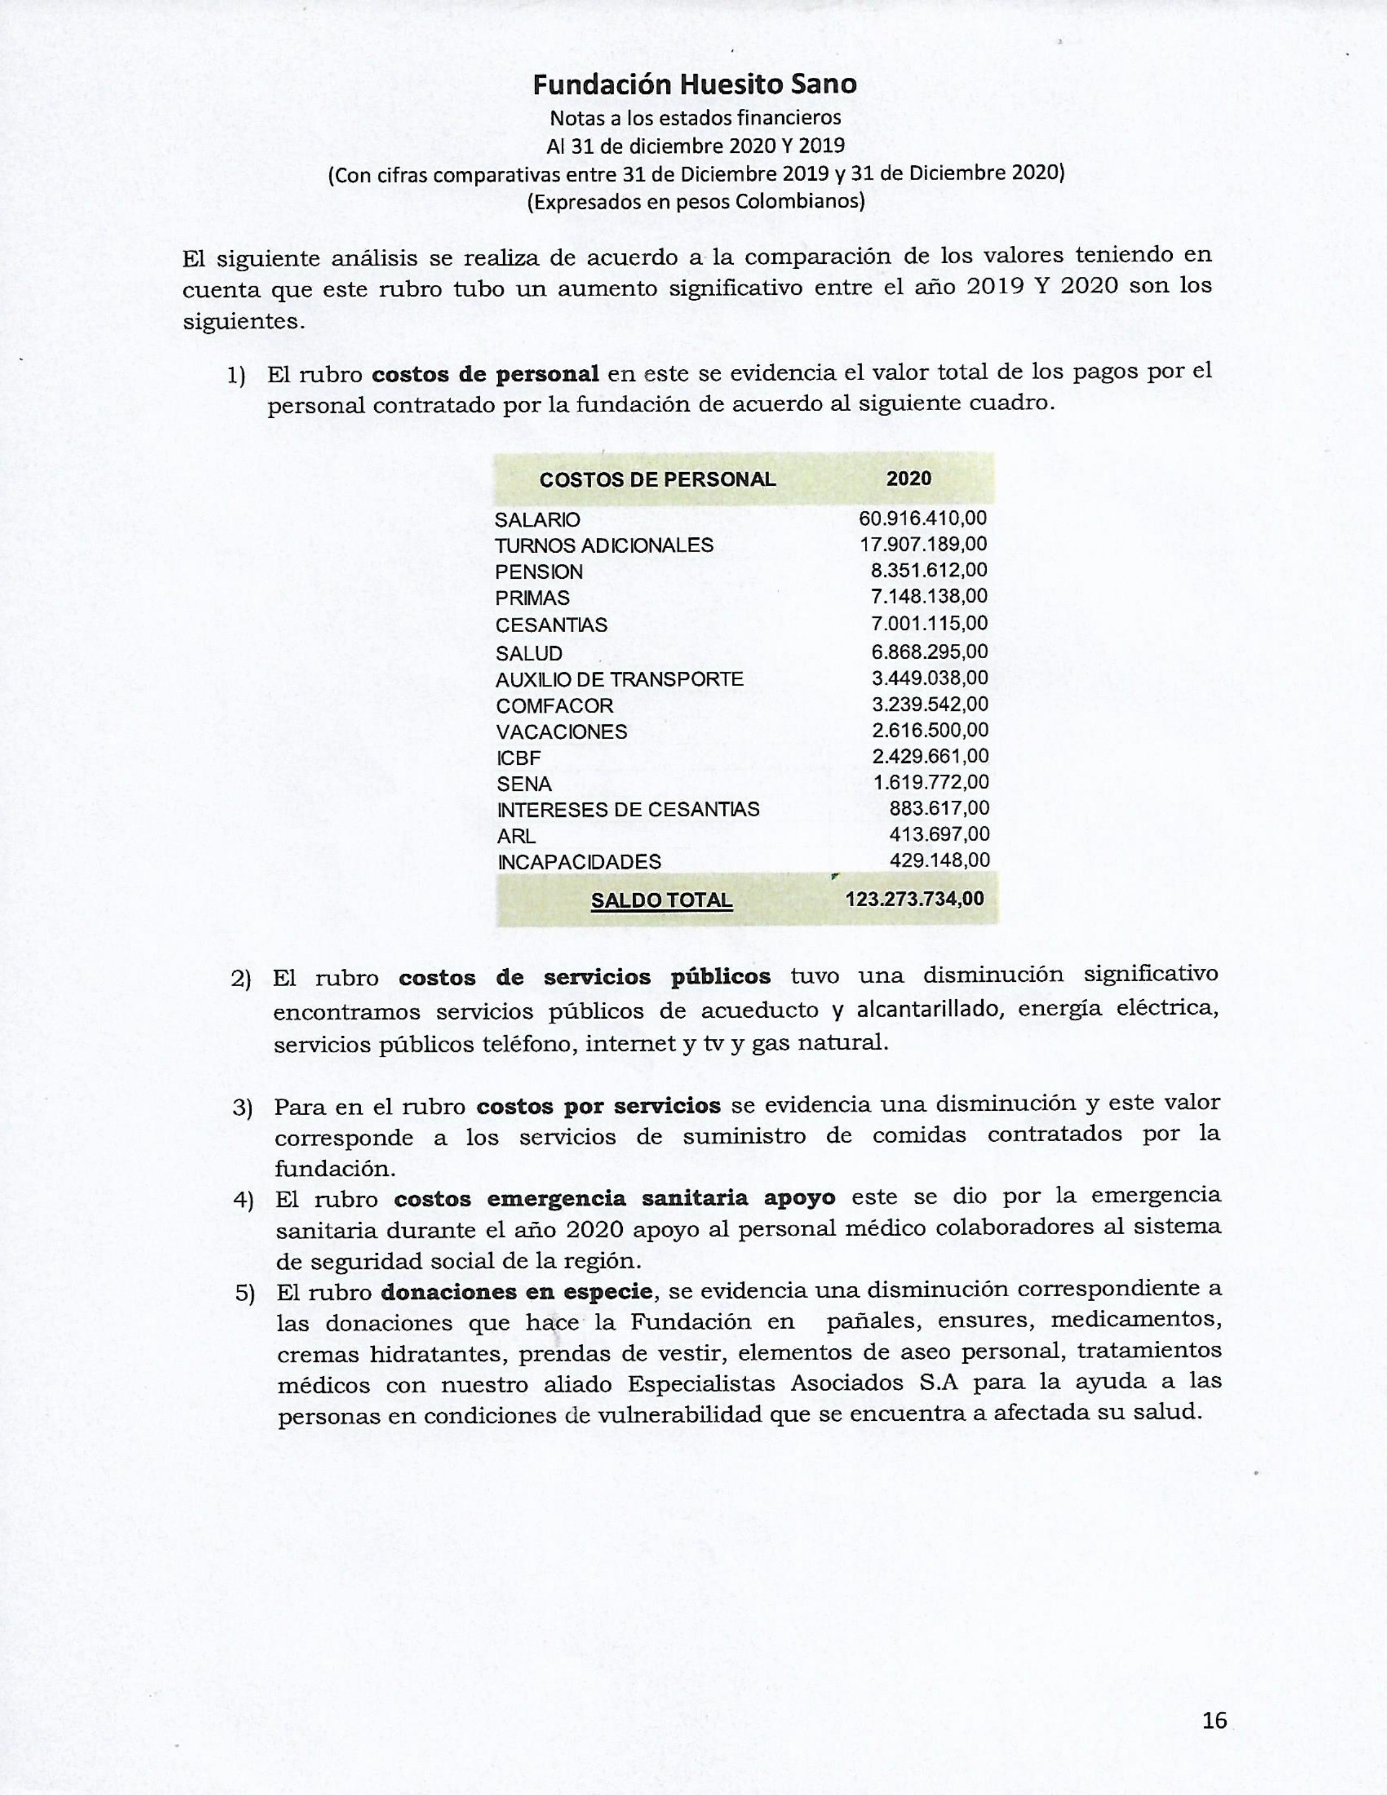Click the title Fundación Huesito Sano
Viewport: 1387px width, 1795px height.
click(695, 84)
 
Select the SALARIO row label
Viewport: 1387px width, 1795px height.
click(537, 519)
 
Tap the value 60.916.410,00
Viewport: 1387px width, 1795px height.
click(922, 518)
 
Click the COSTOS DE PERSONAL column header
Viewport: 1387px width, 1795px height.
click(658, 480)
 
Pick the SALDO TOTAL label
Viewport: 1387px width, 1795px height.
click(661, 900)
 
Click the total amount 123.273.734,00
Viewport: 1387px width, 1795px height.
click(914, 899)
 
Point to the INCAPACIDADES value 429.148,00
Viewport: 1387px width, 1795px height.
click(940, 861)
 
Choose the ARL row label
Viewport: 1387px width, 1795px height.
click(516, 836)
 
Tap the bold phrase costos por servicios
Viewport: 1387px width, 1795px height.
click(598, 1105)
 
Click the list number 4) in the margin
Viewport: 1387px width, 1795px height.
click(243, 1200)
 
